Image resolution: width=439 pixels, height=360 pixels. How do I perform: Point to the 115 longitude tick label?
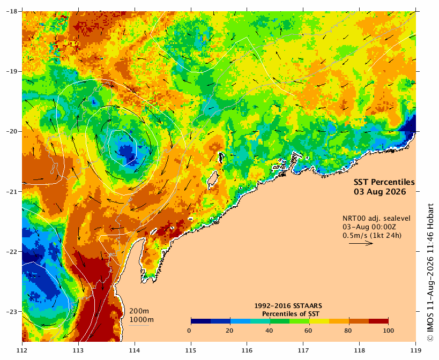tap(191, 350)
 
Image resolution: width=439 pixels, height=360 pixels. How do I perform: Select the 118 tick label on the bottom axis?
tap(359, 350)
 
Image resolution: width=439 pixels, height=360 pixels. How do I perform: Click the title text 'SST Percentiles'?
tap(384, 182)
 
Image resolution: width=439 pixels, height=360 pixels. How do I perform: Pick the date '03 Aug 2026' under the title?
tap(380, 192)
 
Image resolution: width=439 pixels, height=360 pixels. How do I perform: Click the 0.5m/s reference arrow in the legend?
tap(361, 243)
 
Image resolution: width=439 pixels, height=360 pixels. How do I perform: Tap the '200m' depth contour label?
tap(139, 311)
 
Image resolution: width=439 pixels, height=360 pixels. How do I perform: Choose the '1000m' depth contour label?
tap(142, 320)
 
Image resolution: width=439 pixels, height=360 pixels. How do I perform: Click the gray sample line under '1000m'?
tap(139, 325)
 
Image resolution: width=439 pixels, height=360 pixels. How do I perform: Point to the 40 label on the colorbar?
tap(269, 331)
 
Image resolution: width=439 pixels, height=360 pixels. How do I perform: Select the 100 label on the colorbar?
tap(388, 331)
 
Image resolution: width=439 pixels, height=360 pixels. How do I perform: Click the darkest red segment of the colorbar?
tap(378, 321)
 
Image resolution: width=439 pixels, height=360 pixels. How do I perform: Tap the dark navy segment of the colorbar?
tap(201, 321)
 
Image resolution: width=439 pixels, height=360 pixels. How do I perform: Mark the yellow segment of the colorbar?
tap(319, 321)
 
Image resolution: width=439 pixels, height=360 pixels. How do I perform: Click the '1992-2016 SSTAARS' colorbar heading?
tap(288, 306)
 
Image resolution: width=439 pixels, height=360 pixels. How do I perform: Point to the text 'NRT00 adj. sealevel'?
tap(377, 219)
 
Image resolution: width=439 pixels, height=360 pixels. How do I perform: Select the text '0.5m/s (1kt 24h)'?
tap(372, 236)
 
